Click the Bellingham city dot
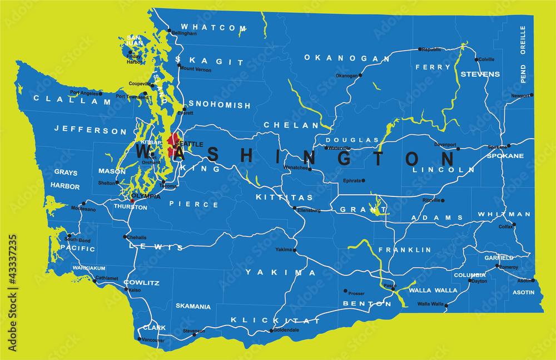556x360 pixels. coord(170,31)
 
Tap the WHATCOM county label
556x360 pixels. coord(213,27)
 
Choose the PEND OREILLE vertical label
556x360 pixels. coord(523,55)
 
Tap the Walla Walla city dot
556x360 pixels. coord(446,305)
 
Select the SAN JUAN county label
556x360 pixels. coord(133,40)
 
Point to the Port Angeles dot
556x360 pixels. coord(101,93)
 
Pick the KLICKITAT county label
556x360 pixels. coord(276,320)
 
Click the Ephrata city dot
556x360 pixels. coord(364,180)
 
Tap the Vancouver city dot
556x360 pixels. coord(138,339)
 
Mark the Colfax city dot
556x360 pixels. coord(514,225)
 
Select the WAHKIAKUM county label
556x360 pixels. coord(89,268)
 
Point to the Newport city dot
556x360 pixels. coord(532,95)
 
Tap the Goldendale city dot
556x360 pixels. coord(271,331)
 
